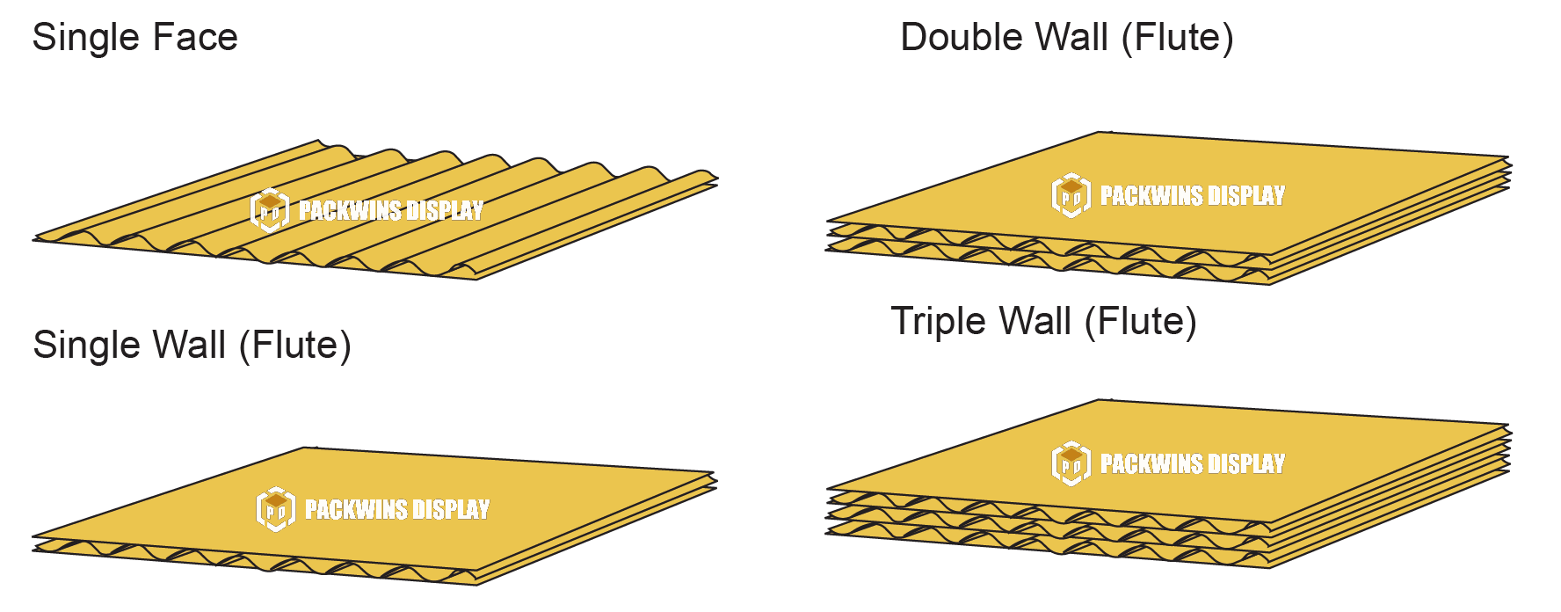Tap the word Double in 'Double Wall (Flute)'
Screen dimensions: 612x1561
pyautogui.click(x=960, y=38)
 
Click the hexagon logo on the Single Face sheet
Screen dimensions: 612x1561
pyautogui.click(x=270, y=210)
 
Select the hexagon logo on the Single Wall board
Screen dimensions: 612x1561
pyautogui.click(x=276, y=509)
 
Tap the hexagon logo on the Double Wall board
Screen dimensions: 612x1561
pyautogui.click(x=1071, y=195)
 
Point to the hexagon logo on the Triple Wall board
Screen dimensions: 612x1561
pyautogui.click(x=1071, y=463)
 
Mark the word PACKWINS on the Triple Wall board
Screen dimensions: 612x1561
pyautogui.click(x=1150, y=463)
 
